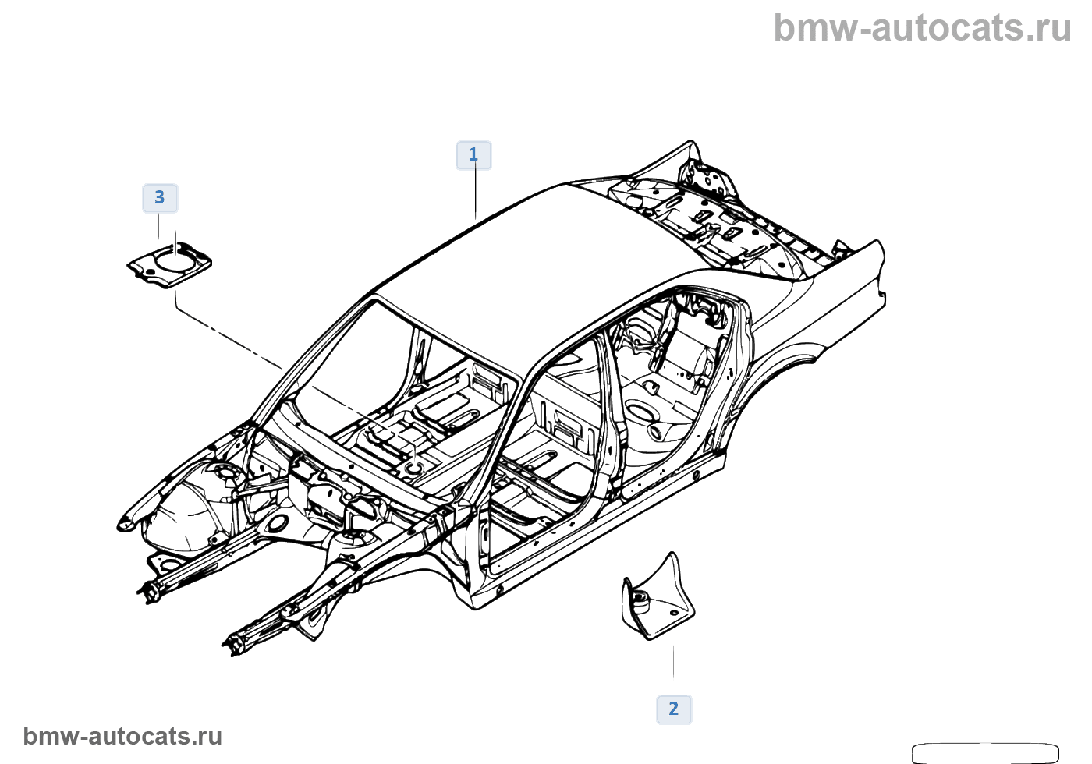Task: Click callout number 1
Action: (473, 155)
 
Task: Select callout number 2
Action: (674, 709)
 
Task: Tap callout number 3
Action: (160, 198)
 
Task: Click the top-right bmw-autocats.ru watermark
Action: (922, 28)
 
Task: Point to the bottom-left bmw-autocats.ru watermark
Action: (122, 736)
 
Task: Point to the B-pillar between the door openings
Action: (608, 413)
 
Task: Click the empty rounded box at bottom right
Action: (984, 752)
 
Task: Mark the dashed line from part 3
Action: (234, 340)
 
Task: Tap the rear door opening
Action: (671, 390)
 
